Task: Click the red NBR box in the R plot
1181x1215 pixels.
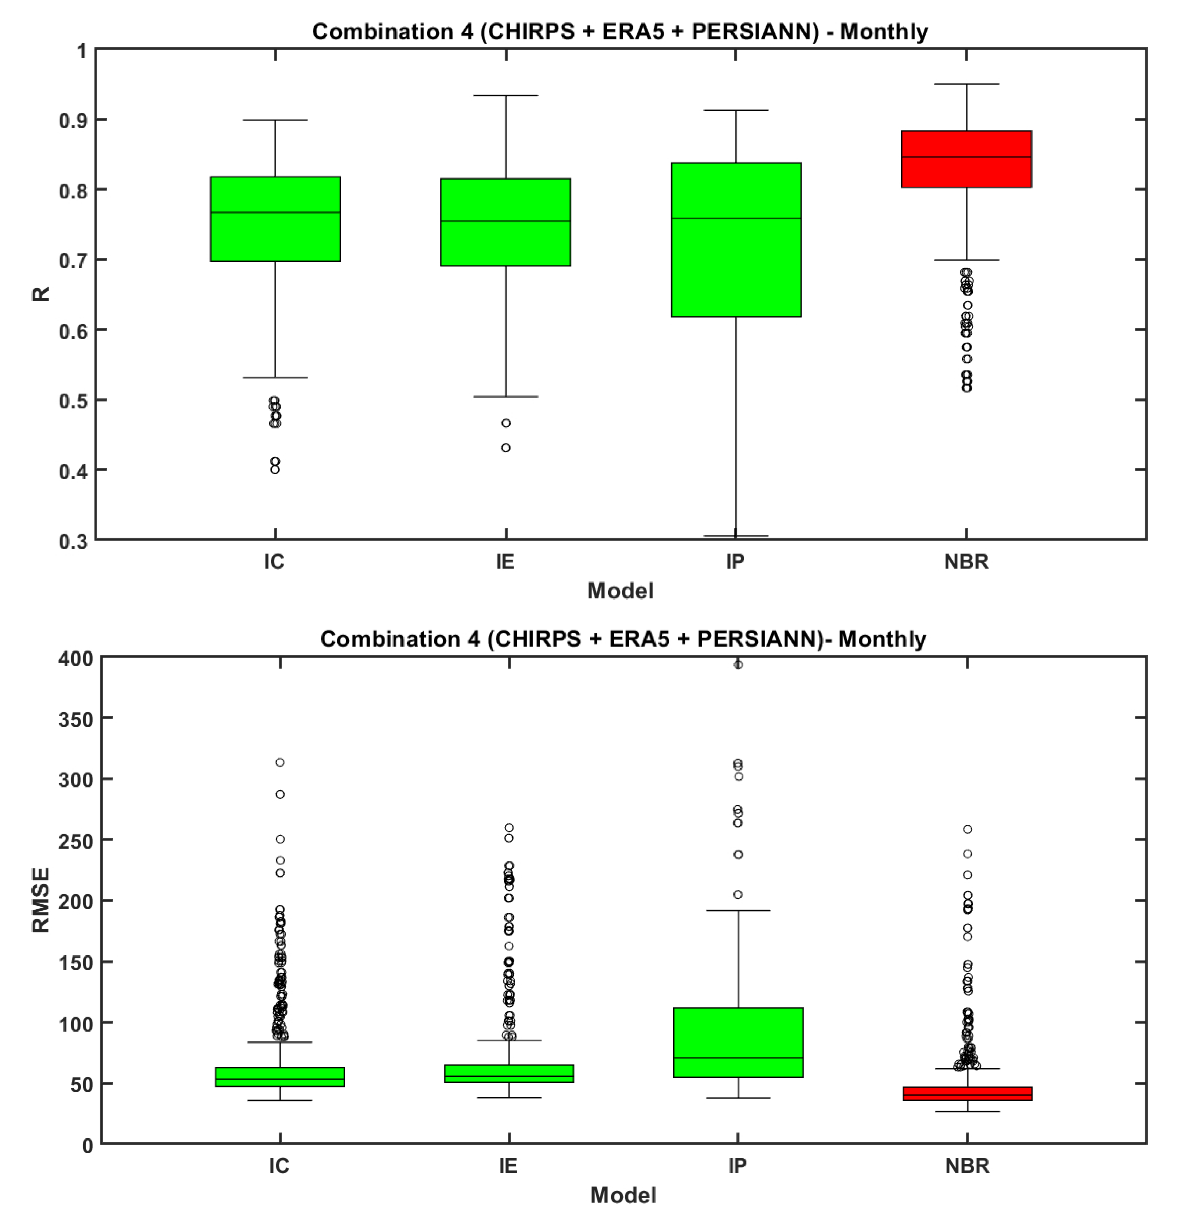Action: (966, 159)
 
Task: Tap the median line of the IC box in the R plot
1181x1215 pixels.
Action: (275, 212)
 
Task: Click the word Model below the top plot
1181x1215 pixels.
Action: (620, 591)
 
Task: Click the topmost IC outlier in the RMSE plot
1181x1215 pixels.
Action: (280, 762)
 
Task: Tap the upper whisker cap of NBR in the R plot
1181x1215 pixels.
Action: (966, 84)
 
